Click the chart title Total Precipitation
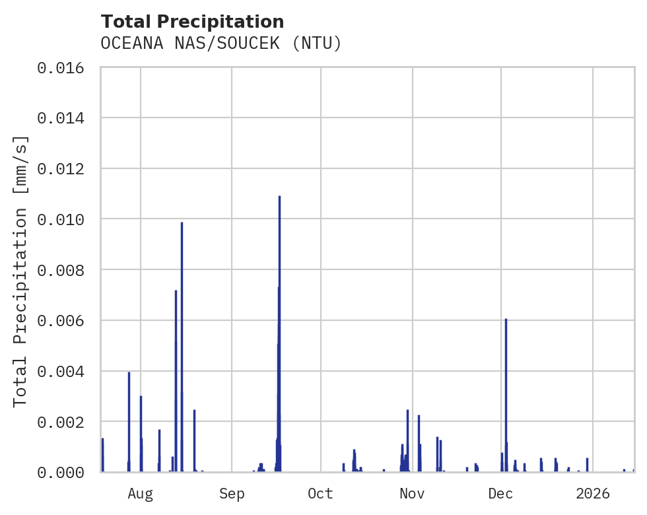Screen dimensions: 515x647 192,22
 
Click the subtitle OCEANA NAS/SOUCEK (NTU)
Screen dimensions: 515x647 221,44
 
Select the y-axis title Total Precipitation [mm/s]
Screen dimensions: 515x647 20,270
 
